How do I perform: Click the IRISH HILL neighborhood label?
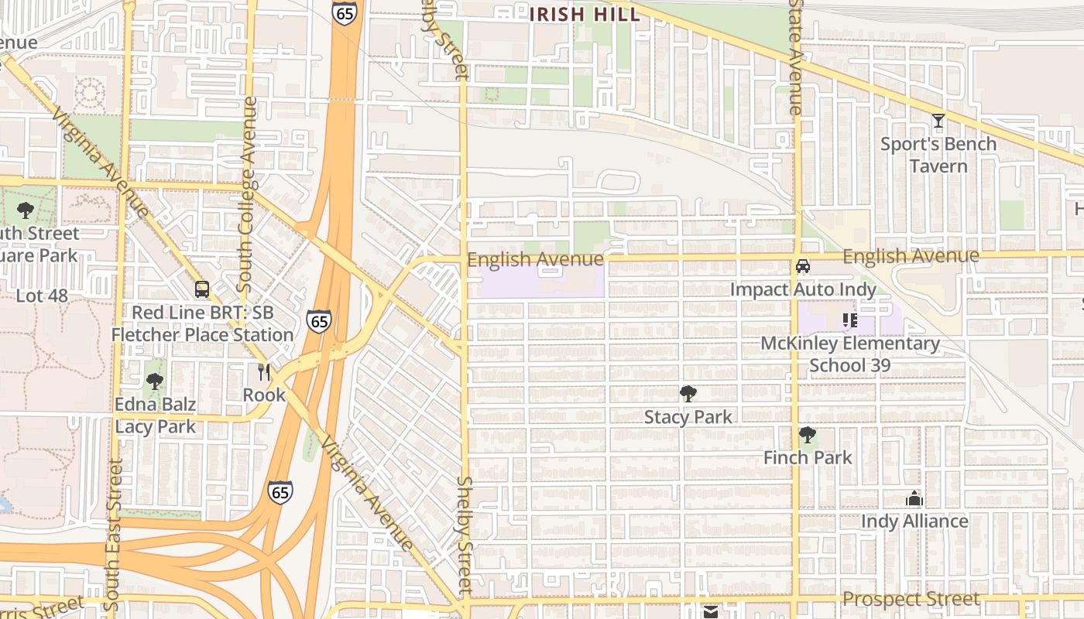point(585,14)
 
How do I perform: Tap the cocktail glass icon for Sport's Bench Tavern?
point(938,121)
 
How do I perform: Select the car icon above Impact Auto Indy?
point(803,266)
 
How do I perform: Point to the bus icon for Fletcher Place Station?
point(202,289)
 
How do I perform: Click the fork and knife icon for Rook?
point(264,372)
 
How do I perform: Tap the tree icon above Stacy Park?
point(688,394)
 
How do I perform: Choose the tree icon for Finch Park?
point(808,435)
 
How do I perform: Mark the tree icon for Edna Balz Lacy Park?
point(155,381)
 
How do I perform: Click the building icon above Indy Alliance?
point(914,498)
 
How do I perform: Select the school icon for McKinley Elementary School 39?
point(850,320)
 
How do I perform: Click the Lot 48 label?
point(42,296)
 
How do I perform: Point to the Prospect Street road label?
point(911,599)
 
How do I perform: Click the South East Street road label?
point(113,534)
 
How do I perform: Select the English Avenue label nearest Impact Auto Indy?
point(911,256)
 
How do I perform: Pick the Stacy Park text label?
point(688,417)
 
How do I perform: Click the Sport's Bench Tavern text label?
point(938,155)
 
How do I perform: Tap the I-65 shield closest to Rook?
point(318,320)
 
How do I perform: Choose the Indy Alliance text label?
point(914,522)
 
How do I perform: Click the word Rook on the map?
point(264,395)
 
